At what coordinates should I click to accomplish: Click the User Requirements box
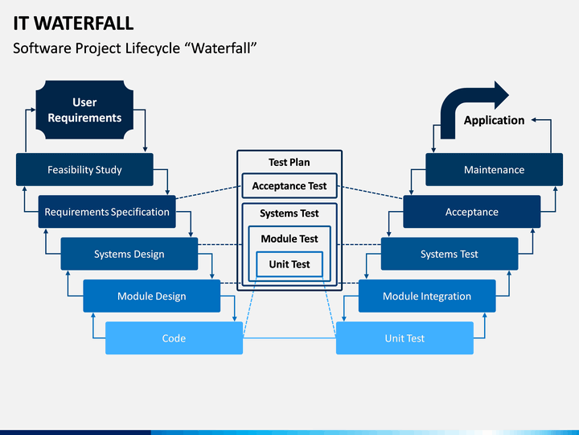pos(84,110)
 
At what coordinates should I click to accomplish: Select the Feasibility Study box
pos(84,169)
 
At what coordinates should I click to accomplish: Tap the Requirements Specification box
pos(107,212)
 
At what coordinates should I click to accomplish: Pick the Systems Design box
pos(129,254)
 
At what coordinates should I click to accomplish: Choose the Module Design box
pos(152,296)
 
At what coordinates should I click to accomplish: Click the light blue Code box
pos(174,338)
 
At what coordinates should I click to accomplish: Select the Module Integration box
pos(427,296)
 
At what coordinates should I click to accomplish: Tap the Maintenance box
pos(495,169)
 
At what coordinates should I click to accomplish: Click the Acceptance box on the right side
pos(472,212)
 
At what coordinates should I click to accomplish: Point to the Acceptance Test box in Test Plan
pos(289,186)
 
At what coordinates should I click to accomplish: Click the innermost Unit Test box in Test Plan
pos(289,264)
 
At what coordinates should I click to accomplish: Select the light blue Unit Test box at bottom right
pos(404,338)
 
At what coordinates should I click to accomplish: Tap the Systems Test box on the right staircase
pos(450,254)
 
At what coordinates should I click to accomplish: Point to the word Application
pos(494,120)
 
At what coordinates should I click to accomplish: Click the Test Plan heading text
pos(289,162)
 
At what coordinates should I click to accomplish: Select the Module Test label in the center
pos(289,238)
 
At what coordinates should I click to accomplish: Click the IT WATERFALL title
pos(73,23)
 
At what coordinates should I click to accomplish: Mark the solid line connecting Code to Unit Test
pos(289,338)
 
